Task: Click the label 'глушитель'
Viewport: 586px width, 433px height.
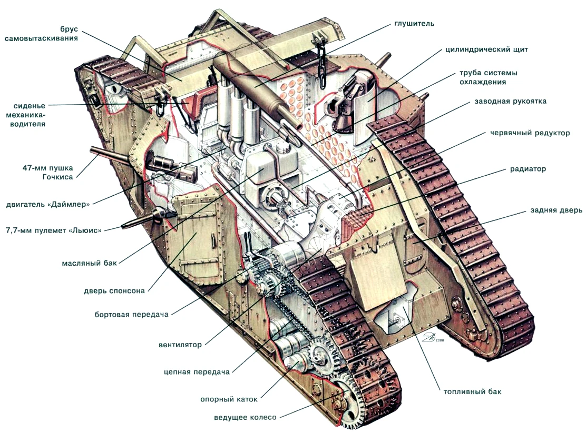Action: tap(414, 24)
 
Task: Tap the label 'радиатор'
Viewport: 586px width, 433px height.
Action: tap(528, 169)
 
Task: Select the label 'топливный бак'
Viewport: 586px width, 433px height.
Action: tap(472, 391)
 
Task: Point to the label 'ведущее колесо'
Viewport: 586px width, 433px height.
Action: tap(245, 417)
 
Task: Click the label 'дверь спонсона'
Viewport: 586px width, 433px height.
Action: tap(114, 291)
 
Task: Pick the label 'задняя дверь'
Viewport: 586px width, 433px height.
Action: tap(556, 210)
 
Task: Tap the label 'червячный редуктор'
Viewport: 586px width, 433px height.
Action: tap(530, 133)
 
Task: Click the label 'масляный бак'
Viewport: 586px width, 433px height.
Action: tap(89, 263)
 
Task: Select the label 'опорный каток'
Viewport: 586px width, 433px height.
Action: tap(229, 399)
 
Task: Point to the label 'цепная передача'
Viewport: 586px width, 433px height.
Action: tap(197, 372)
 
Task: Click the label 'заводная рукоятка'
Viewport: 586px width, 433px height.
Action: tap(510, 102)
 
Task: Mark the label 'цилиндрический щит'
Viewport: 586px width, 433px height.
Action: tap(486, 49)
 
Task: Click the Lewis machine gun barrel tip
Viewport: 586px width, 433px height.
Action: tap(123, 227)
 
